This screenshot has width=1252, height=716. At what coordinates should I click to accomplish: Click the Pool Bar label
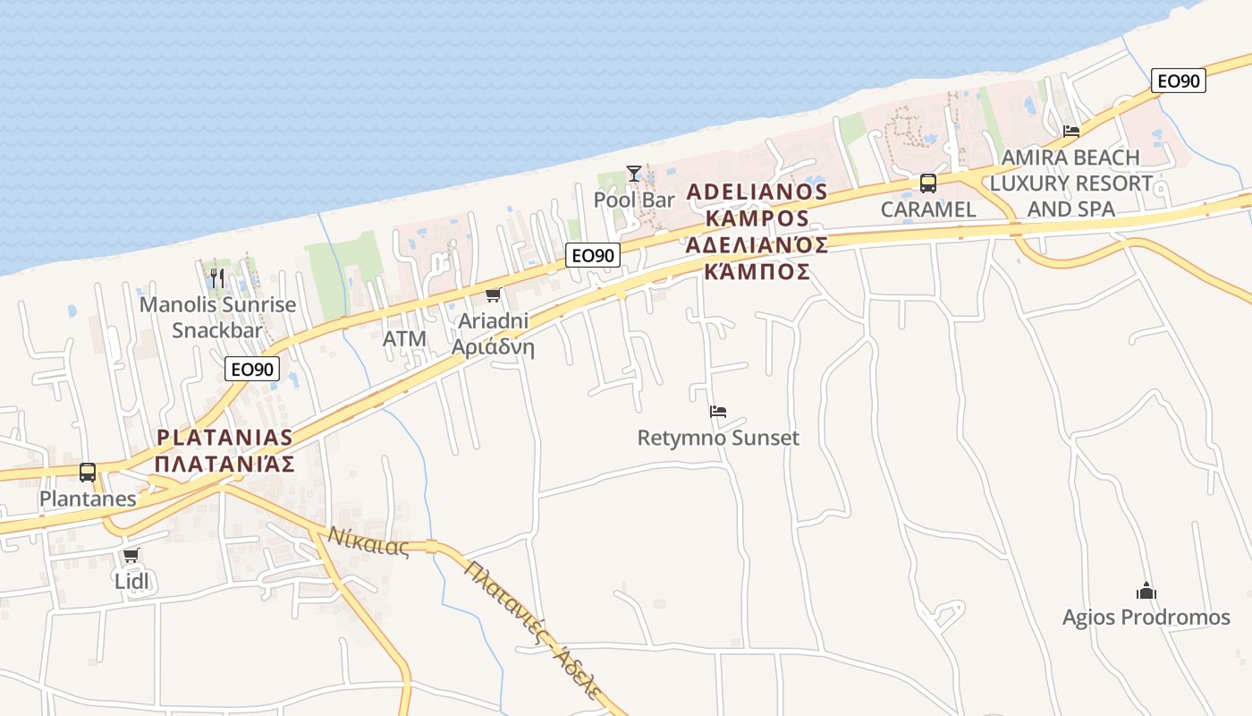(x=634, y=200)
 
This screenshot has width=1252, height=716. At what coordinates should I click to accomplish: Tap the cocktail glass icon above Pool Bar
(x=634, y=173)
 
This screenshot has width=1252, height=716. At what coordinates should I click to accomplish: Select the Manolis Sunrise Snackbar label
(x=217, y=317)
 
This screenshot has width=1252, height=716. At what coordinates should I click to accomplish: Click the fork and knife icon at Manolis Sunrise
(x=217, y=277)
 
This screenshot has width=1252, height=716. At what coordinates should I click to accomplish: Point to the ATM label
(x=404, y=338)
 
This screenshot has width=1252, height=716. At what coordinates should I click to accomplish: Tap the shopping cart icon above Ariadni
(x=493, y=294)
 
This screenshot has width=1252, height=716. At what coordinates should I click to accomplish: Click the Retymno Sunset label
(x=718, y=438)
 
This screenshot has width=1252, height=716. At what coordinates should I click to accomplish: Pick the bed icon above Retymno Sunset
(x=718, y=412)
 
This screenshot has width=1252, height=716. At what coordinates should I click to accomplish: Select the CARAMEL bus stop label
(x=928, y=209)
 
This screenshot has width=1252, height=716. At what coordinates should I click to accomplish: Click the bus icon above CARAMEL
(x=928, y=183)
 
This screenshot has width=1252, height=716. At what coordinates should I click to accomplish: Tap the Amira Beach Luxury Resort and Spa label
(x=1071, y=183)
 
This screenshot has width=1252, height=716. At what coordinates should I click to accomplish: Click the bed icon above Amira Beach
(x=1071, y=132)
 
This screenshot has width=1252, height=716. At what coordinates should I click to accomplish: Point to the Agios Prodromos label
(x=1146, y=617)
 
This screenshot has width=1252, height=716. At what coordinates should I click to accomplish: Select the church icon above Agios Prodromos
(x=1146, y=591)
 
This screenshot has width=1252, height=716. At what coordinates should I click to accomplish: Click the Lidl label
(x=131, y=581)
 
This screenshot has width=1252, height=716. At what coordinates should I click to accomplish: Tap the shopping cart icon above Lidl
(x=131, y=555)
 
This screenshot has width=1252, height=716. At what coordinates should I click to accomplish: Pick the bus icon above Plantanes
(x=88, y=472)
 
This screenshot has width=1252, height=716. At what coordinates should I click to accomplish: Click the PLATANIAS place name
(x=224, y=438)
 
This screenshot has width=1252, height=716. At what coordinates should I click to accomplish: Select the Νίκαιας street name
(x=368, y=541)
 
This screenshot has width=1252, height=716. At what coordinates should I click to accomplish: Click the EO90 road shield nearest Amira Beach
(x=1179, y=81)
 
